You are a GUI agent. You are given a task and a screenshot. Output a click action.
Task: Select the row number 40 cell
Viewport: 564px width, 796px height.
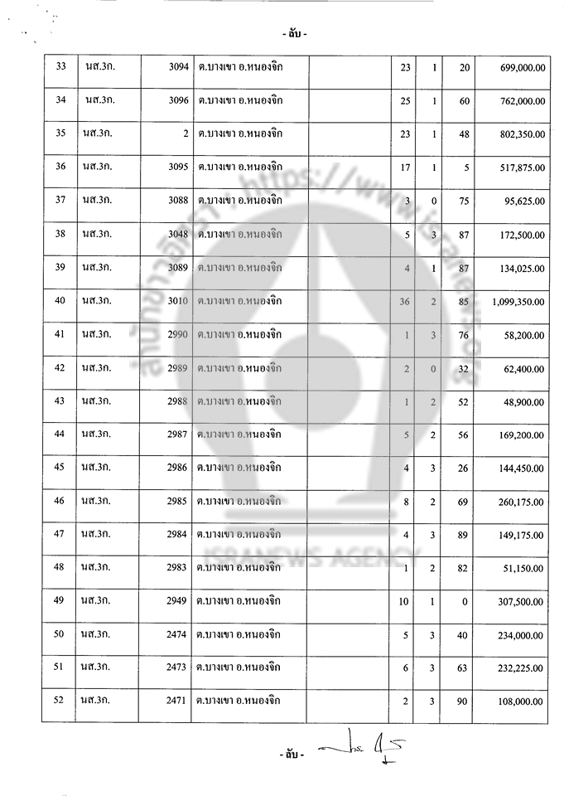(60, 301)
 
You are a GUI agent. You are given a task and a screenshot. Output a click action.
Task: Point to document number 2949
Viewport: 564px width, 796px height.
(178, 600)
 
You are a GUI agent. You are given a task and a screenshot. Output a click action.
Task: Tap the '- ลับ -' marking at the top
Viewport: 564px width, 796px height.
(292, 35)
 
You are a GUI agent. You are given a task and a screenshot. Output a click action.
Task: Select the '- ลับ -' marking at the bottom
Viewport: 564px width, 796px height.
(292, 756)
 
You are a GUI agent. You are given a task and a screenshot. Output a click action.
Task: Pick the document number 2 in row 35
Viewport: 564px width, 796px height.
(186, 133)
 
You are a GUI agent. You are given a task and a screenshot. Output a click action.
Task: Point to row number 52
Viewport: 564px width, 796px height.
(60, 701)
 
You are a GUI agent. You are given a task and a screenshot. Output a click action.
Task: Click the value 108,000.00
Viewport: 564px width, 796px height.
(522, 701)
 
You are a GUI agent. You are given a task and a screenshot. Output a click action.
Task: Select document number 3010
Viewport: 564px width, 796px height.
(178, 301)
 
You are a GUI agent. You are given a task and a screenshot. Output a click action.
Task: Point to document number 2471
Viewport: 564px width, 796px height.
(178, 701)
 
